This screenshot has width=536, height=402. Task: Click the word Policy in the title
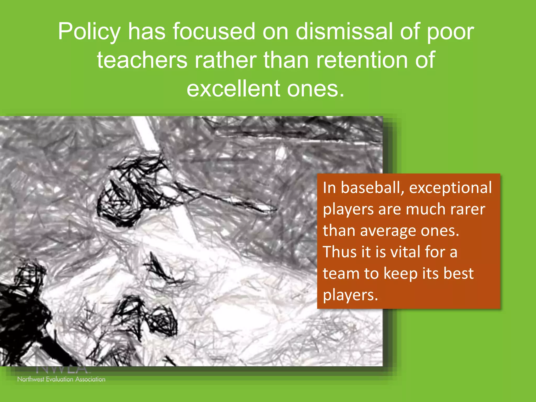tap(89, 32)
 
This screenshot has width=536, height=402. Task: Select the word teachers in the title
tap(142, 60)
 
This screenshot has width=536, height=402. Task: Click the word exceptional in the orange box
tap(450, 188)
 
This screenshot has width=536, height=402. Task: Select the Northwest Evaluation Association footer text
tap(61, 379)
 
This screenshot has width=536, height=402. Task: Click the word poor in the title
tap(450, 32)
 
